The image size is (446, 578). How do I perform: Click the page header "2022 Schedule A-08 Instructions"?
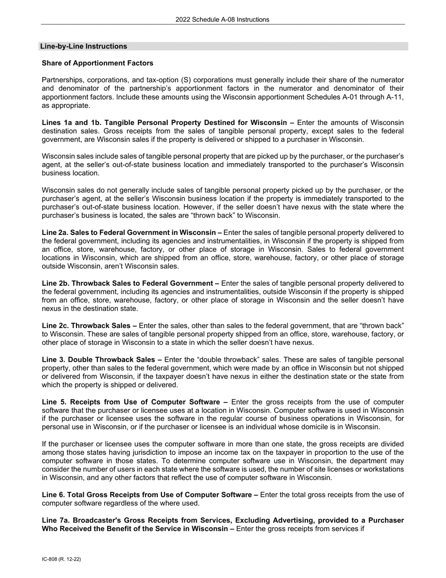tap(223, 19)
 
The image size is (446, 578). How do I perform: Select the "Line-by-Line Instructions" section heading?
tap(84, 46)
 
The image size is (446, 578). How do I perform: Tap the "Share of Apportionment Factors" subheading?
tap(97, 63)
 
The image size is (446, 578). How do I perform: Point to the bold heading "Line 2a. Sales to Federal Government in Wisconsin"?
tap(131, 232)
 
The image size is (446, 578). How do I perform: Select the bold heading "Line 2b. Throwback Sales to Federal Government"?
tap(130, 283)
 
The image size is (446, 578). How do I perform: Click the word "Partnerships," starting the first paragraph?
tap(62, 80)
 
